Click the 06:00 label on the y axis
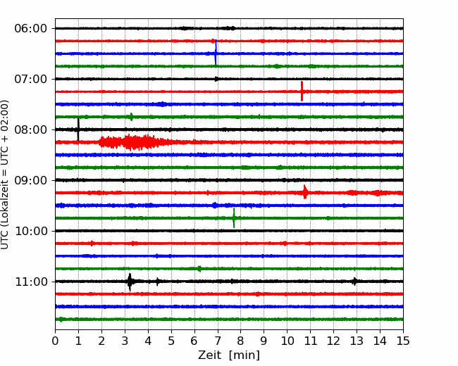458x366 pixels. [31, 29]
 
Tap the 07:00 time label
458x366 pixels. [31, 79]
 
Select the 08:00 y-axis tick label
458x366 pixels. [31, 130]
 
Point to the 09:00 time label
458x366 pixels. [31, 180]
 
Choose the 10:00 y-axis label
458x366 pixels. [31, 231]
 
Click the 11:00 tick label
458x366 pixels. [31, 282]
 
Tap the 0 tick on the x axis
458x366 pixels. [55, 341]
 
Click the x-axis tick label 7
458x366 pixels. [217, 341]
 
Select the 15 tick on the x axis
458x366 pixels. [403, 341]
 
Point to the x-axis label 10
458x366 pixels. [287, 341]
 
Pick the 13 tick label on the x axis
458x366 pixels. [357, 341]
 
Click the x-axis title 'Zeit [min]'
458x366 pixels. [229, 355]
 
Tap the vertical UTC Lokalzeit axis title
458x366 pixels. [4, 175]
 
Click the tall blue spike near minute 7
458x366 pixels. [216, 52]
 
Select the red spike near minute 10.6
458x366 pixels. [302, 91]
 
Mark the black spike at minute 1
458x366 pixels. [78, 130]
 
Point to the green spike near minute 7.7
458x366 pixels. [234, 217]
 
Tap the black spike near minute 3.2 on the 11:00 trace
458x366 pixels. [130, 282]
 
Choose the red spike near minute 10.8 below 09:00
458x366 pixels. [305, 192]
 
